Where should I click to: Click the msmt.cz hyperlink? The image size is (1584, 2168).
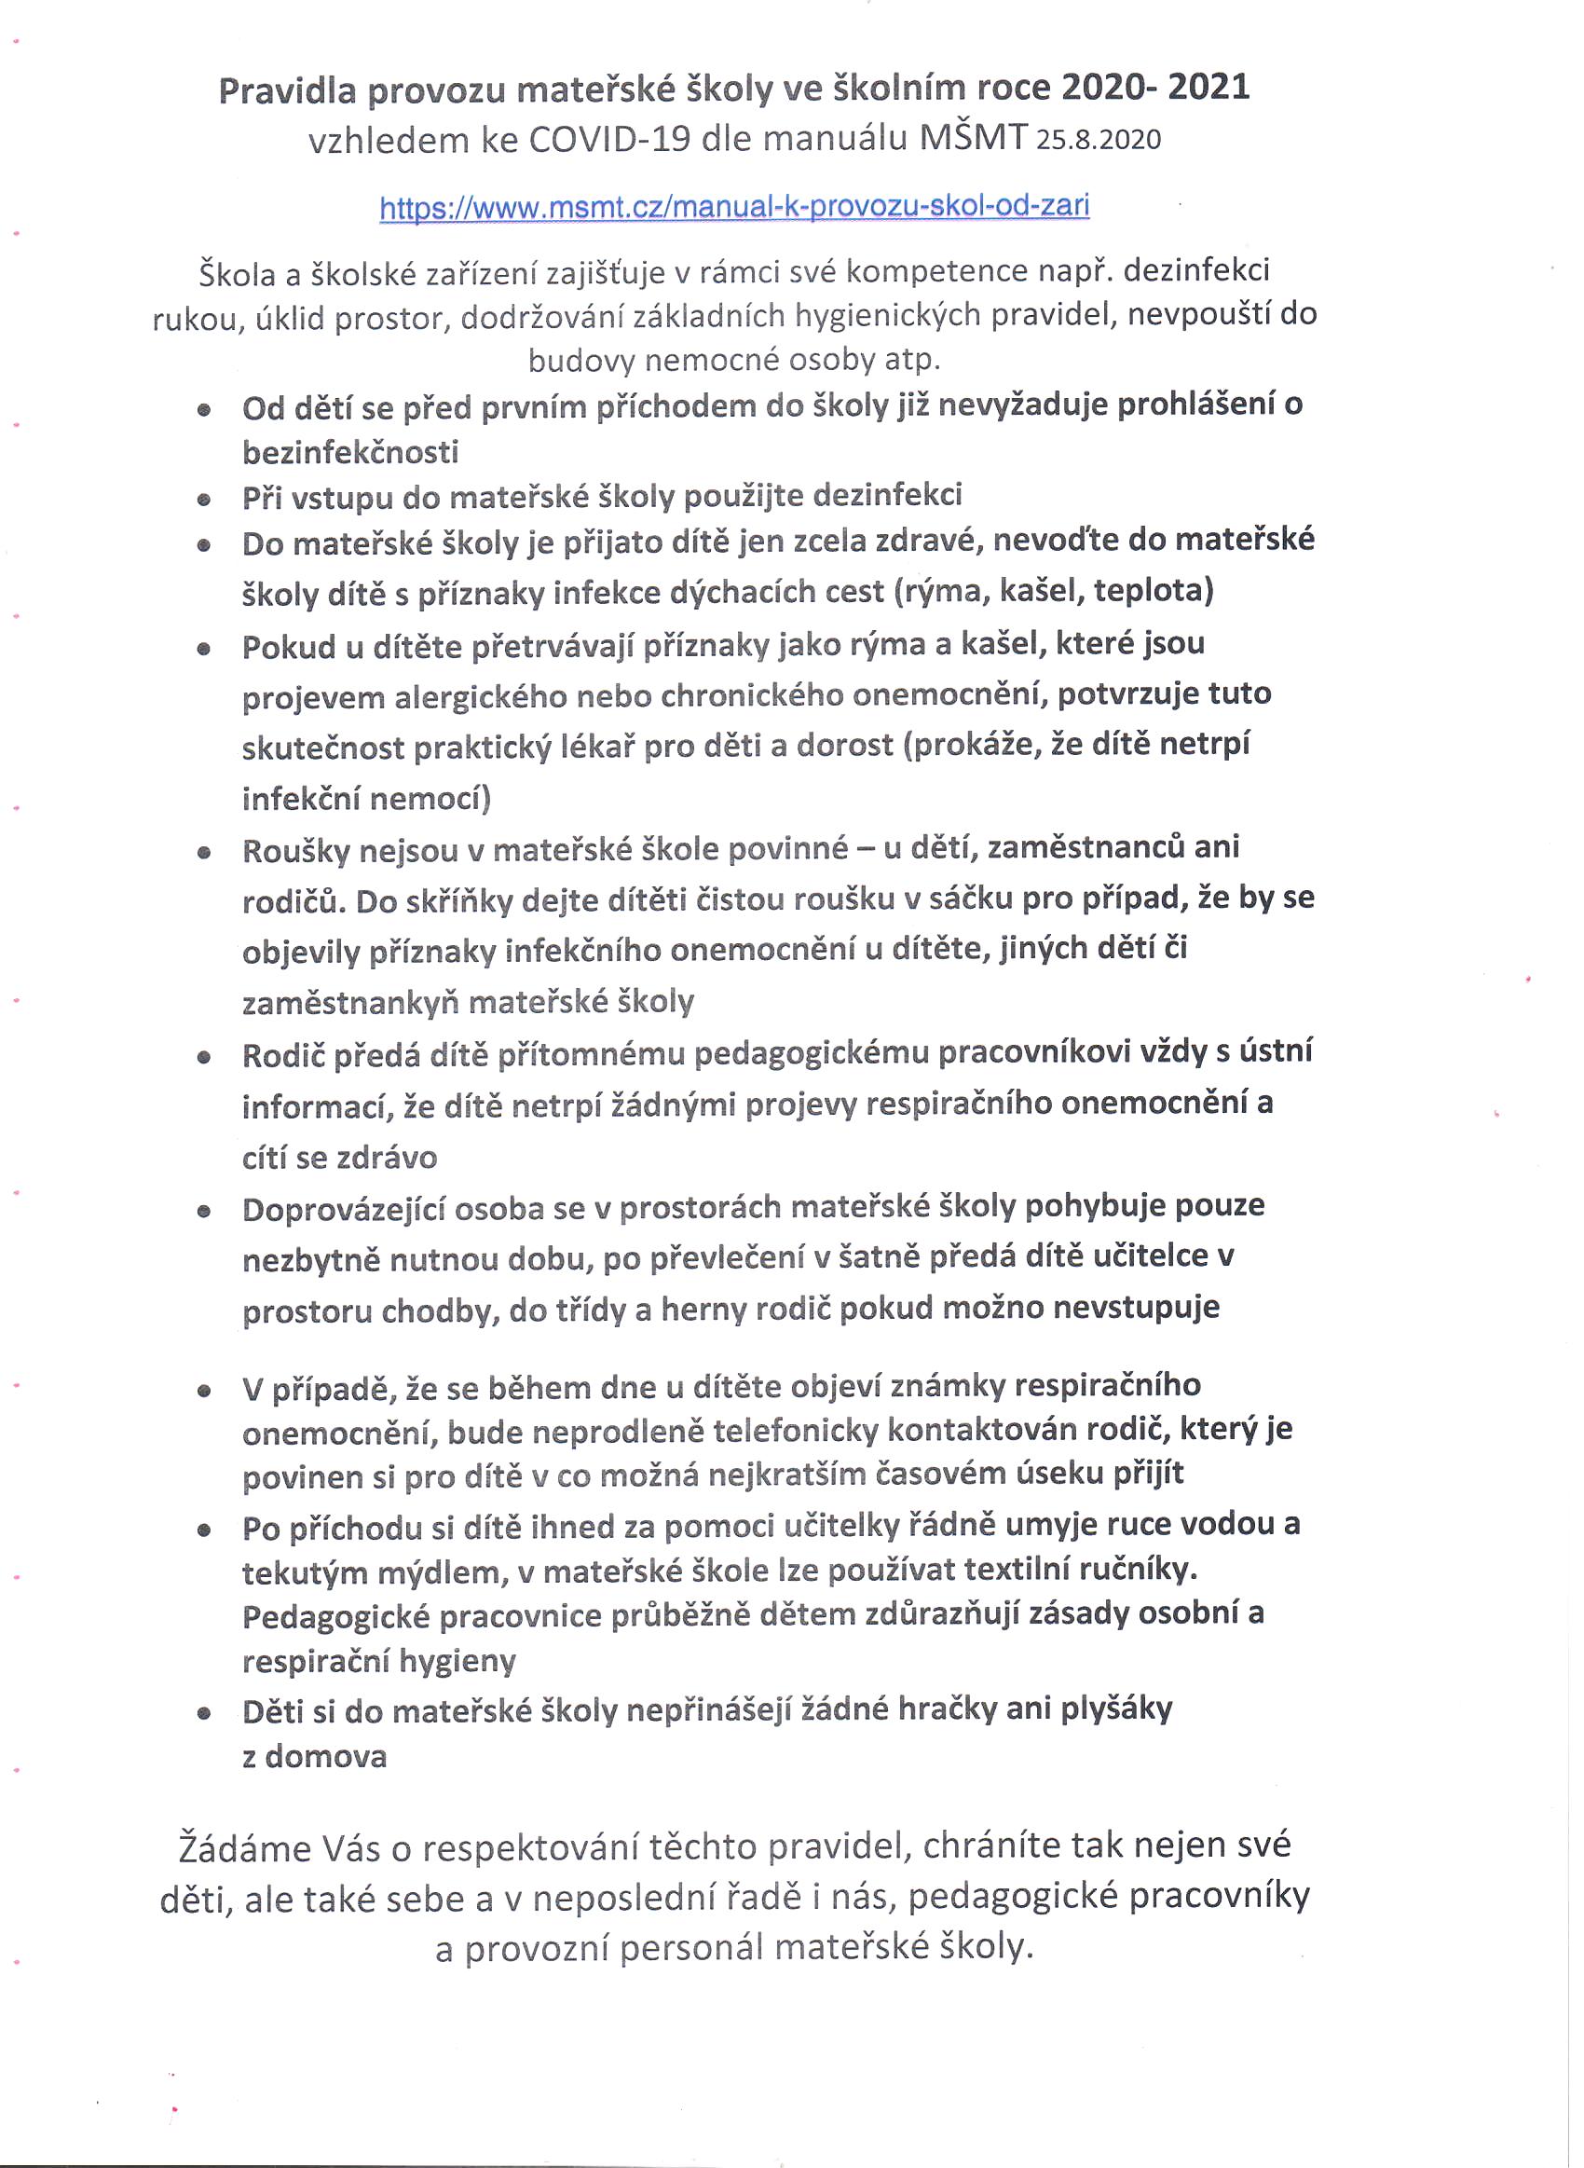pyautogui.click(x=733, y=207)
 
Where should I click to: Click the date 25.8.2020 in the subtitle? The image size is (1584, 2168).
pyautogui.click(x=1098, y=140)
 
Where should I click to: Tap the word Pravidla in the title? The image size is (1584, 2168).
pyautogui.click(x=287, y=90)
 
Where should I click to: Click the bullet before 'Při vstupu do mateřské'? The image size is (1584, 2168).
pyautogui.click(x=203, y=499)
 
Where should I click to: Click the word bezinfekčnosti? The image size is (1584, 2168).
pyautogui.click(x=350, y=452)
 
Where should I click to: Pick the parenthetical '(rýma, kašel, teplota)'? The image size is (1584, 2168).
pyautogui.click(x=1054, y=590)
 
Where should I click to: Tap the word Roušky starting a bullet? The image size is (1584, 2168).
pyautogui.click(x=296, y=850)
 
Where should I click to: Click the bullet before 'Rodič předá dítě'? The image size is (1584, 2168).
pyautogui.click(x=203, y=1058)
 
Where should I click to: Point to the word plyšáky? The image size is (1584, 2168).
pyautogui.click(x=1116, y=1708)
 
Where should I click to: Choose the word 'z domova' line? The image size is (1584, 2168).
pyautogui.click(x=314, y=1757)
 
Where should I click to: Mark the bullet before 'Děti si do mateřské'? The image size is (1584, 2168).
pyautogui.click(x=203, y=1712)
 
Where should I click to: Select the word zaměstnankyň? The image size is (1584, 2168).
pyautogui.click(x=351, y=1003)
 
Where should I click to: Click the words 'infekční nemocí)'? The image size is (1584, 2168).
pyautogui.click(x=365, y=798)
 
